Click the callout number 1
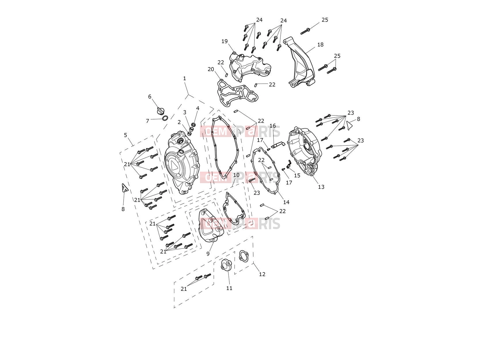(184, 78)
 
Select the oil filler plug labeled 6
(161, 111)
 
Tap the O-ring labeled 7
(165, 118)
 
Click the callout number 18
(320, 45)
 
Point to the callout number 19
(224, 41)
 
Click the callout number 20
(211, 69)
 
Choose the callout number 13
(321, 187)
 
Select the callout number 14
(286, 202)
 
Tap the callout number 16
(273, 126)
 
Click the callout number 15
(297, 175)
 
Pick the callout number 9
(208, 253)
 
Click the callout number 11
(229, 288)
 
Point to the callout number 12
(262, 274)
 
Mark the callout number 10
(236, 175)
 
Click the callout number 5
(125, 135)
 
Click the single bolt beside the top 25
(305, 31)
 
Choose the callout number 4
(198, 108)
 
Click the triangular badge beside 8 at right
(349, 125)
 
